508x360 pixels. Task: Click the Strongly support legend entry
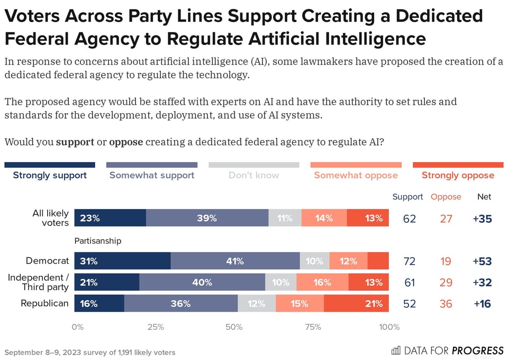click(x=50, y=175)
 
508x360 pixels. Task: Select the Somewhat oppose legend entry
click(x=356, y=175)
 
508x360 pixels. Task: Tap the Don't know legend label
click(x=253, y=175)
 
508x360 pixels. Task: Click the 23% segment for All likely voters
click(x=110, y=218)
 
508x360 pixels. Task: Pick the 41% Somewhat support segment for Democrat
click(x=235, y=261)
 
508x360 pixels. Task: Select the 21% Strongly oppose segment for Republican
click(x=356, y=303)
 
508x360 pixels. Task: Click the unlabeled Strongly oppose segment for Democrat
click(x=378, y=261)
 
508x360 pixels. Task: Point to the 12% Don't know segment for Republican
click(x=257, y=303)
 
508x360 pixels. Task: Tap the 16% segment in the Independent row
click(x=322, y=282)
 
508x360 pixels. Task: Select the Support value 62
click(x=409, y=218)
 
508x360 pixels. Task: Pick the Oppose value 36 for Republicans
click(x=446, y=303)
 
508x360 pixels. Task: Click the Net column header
click(x=484, y=196)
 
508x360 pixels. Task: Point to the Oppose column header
click(x=446, y=196)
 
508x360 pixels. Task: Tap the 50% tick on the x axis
click(x=234, y=327)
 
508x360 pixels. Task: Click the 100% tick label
click(x=389, y=327)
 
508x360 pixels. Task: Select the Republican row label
click(x=44, y=303)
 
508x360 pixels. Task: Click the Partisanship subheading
click(x=98, y=241)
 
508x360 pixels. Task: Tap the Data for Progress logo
click(x=447, y=350)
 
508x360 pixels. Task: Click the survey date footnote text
click(x=89, y=352)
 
